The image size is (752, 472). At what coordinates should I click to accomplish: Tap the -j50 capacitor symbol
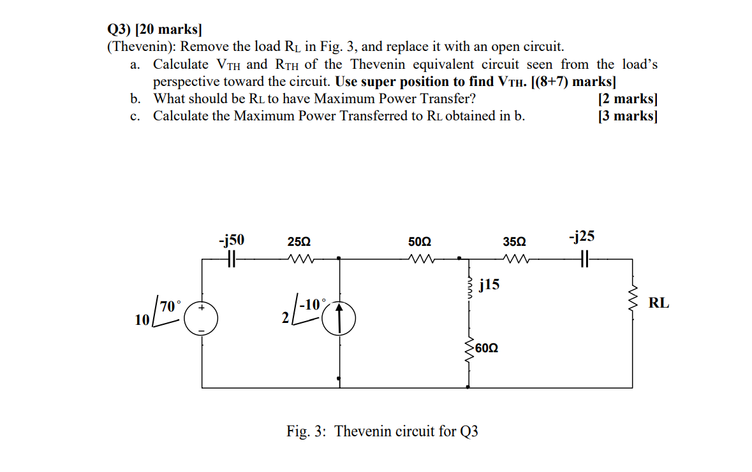(232, 259)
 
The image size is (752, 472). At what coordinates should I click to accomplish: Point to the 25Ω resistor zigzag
(298, 259)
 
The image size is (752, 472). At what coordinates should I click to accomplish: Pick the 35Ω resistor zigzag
(513, 259)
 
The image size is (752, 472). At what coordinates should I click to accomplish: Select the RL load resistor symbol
(633, 303)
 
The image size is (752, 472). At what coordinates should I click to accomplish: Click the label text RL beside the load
(659, 303)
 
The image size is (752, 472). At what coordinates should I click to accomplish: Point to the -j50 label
(231, 240)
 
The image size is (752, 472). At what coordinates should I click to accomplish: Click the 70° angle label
(171, 306)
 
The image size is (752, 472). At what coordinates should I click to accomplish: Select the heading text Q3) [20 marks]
(154, 29)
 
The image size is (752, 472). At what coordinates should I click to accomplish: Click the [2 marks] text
(628, 99)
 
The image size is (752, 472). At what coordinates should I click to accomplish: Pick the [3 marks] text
(628, 116)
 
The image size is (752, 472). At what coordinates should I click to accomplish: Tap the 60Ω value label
(487, 348)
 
